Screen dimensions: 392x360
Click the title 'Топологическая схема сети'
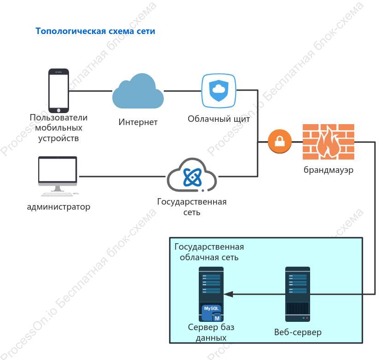coord(95,31)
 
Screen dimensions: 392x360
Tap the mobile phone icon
coord(58,91)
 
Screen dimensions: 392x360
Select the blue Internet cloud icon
coord(138,91)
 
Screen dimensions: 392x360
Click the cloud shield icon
coord(219,91)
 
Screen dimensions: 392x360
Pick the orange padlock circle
coord(280,142)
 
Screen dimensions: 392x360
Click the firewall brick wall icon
coord(329,142)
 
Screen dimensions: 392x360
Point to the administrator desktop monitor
coord(58,176)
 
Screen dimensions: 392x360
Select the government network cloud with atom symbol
coord(192,175)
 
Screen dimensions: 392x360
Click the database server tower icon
coord(211,294)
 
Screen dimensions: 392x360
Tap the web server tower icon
coord(298,294)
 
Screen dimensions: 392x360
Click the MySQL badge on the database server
coord(212,313)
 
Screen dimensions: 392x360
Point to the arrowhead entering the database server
coord(228,294)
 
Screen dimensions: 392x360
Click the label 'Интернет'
coord(138,122)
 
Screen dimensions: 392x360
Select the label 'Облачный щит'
coord(219,119)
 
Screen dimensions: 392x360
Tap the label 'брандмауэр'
coord(329,170)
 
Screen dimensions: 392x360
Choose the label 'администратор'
coord(58,207)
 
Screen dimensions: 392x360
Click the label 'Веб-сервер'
coord(298,332)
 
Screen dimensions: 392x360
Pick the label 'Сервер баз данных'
coord(211,332)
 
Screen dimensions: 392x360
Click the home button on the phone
coord(59,110)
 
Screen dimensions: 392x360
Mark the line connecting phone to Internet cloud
coord(91,91)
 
